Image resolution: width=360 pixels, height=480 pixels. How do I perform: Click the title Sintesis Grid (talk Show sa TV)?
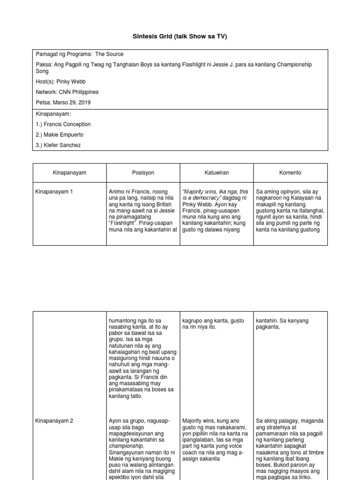[180, 37]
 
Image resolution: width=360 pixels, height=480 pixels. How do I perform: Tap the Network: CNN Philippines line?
[67, 92]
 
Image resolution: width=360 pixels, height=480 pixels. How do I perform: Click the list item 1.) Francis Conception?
[63, 124]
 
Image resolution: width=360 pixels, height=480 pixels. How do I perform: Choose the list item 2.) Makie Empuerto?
[61, 135]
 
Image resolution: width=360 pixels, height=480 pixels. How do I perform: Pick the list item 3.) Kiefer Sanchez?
[58, 145]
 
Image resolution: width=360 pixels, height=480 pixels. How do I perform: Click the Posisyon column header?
[143, 172]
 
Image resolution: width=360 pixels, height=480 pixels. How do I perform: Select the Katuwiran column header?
[217, 172]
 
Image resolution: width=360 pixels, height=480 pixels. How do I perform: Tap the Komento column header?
[290, 172]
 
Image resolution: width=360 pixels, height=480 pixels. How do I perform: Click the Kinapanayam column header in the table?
[69, 172]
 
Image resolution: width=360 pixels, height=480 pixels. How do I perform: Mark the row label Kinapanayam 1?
[54, 192]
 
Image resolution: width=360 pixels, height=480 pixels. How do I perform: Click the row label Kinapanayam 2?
[54, 421]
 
